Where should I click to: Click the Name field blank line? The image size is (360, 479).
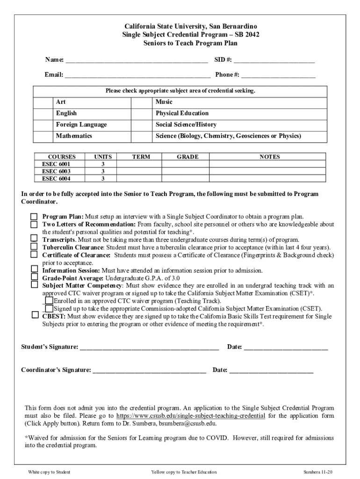[136, 60]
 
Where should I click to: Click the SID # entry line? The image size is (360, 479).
[274, 60]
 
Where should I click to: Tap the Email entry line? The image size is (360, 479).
[137, 75]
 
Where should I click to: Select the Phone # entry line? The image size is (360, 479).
[278, 75]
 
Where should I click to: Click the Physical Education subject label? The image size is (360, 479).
[182, 113]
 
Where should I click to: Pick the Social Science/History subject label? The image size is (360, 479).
[186, 125]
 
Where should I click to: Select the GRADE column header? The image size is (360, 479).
[187, 157]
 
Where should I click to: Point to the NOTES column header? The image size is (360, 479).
[269, 157]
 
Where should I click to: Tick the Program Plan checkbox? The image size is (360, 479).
[34, 217]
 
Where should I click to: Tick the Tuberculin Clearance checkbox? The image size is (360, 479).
[34, 247]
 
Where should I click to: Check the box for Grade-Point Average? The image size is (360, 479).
[34, 277]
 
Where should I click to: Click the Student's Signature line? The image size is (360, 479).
[150, 347]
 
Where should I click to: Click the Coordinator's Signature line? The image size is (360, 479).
[150, 370]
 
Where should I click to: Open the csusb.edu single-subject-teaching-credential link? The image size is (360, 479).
[191, 416]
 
